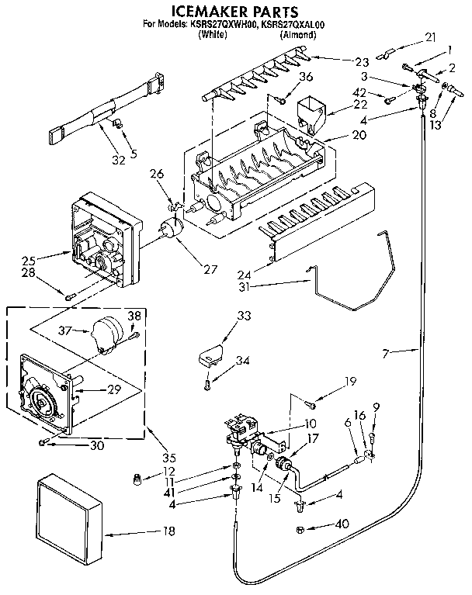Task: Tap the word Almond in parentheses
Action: point(298,35)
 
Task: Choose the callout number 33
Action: point(244,316)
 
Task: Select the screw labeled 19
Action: point(311,403)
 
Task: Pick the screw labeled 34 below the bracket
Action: point(208,382)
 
